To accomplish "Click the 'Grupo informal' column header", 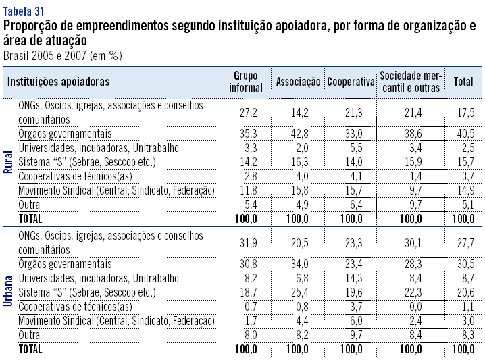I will [x=246, y=82].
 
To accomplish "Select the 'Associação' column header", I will [x=298, y=82].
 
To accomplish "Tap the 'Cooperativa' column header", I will [x=351, y=82].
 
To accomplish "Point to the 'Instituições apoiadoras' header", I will [x=58, y=82].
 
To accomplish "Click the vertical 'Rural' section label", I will [x=9, y=162].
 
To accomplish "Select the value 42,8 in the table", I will [x=298, y=134].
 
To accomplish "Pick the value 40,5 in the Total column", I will [x=463, y=134].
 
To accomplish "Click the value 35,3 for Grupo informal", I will [x=246, y=134].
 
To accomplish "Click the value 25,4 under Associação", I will [x=298, y=292].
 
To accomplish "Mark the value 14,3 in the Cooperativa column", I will [x=351, y=278].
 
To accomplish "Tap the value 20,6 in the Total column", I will [x=463, y=292].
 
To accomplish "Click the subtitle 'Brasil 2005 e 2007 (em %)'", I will [x=62, y=55].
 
